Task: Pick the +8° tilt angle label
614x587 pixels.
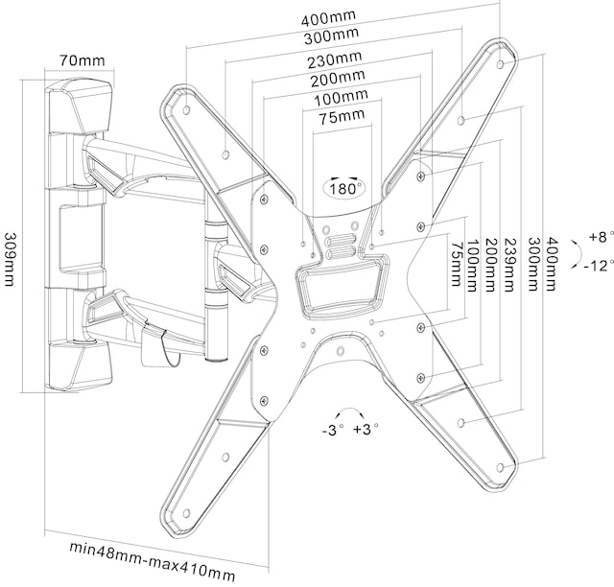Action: pyautogui.click(x=599, y=236)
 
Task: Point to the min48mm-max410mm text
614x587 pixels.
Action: pyautogui.click(x=152, y=550)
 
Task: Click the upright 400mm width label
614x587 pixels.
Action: pyautogui.click(x=326, y=18)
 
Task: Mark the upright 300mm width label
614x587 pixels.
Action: pyautogui.click(x=325, y=36)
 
